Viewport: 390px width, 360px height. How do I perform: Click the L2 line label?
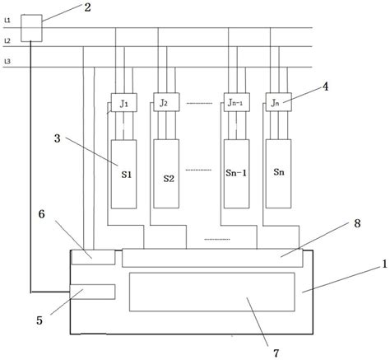(x=7, y=40)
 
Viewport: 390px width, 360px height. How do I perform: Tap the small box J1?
(x=122, y=104)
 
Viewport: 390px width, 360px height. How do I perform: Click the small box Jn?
(x=277, y=104)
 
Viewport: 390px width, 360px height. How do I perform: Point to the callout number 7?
(x=276, y=352)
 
